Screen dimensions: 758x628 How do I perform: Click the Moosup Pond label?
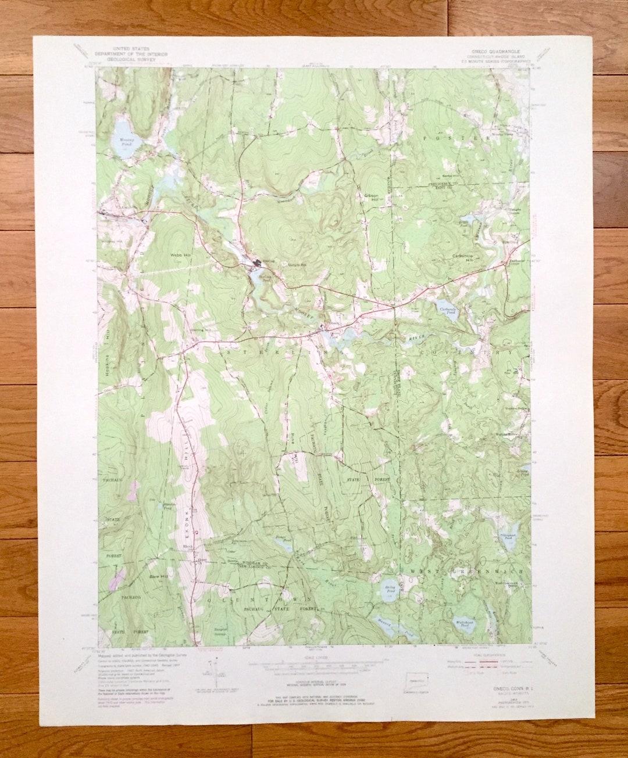(126, 141)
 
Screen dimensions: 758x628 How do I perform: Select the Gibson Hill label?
(371, 197)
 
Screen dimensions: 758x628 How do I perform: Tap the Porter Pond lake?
(284, 545)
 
